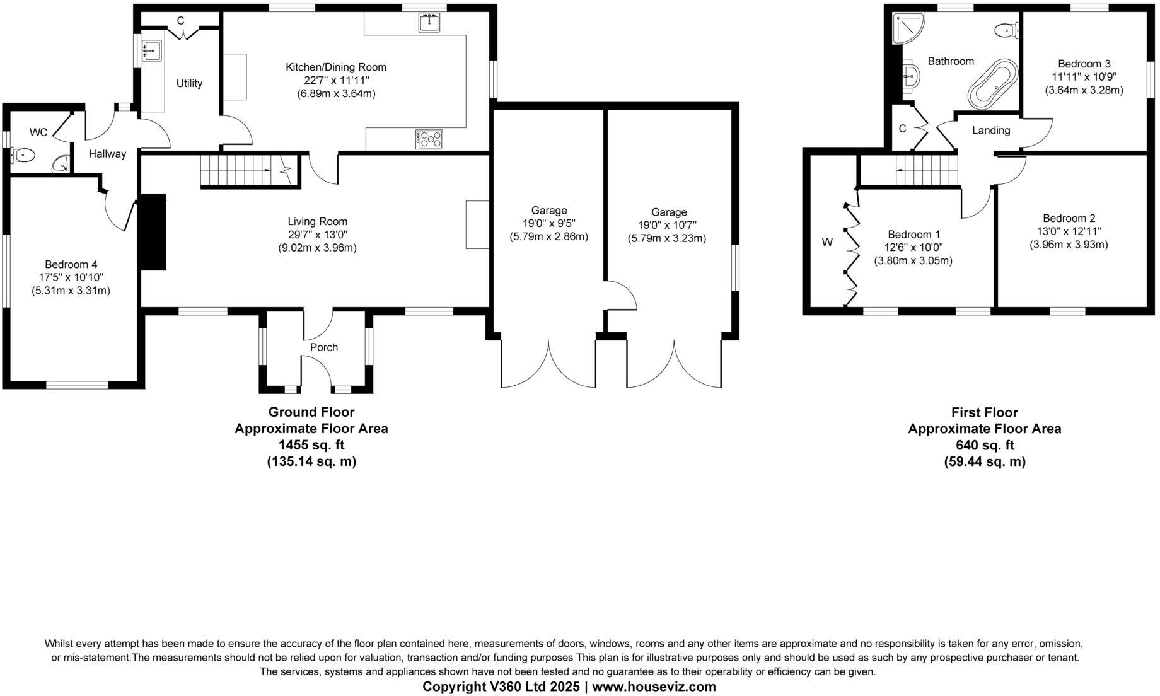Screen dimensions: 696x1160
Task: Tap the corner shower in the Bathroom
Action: click(x=907, y=29)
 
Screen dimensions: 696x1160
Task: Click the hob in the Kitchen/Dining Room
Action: click(x=429, y=139)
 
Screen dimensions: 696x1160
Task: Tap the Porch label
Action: click(x=323, y=347)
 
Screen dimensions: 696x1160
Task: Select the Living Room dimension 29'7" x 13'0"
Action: click(x=317, y=235)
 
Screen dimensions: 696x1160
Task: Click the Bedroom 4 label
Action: click(x=71, y=264)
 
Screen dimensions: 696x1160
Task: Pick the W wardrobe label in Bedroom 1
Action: click(x=827, y=242)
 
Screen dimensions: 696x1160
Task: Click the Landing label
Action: click(x=991, y=130)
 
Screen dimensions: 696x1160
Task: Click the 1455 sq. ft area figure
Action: click(x=311, y=445)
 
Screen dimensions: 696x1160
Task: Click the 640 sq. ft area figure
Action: click(x=984, y=446)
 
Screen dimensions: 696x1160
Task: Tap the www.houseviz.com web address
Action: click(x=654, y=687)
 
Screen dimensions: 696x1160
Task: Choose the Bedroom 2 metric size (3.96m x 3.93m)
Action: click(x=1069, y=245)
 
